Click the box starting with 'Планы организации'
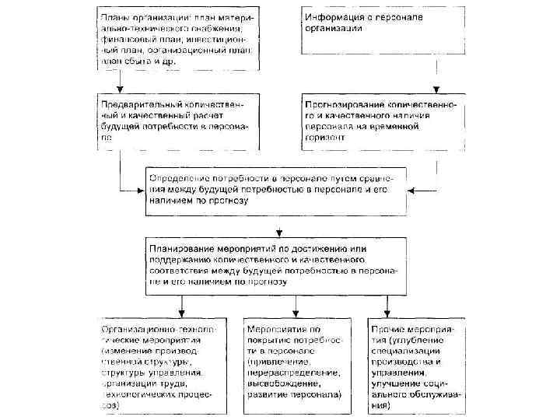tap(179, 39)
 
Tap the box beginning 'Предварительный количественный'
tap(179, 123)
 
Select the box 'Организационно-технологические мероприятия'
tap(162, 365)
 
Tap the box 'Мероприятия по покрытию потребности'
tap(293, 365)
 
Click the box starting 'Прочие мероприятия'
tap(418, 365)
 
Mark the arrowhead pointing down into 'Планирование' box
tap(278, 231)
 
